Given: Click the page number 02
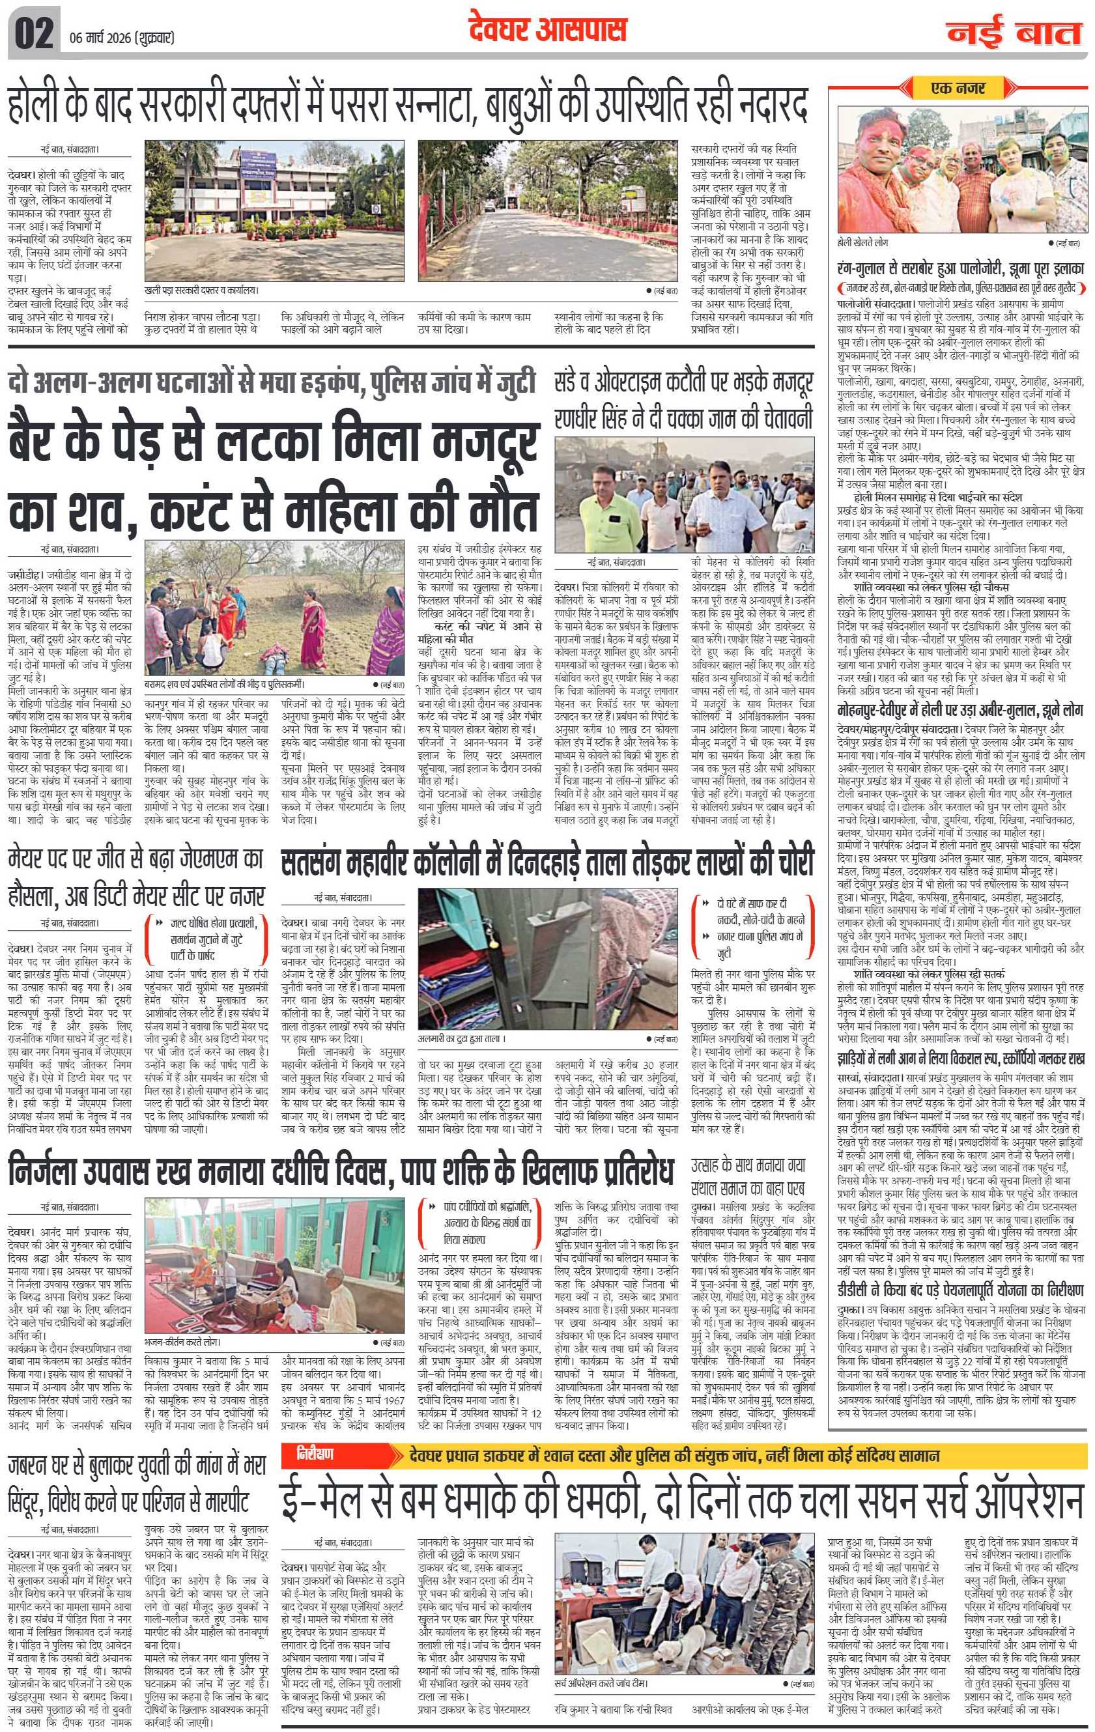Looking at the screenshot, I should (33, 35).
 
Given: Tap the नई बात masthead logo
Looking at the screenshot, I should (1013, 34).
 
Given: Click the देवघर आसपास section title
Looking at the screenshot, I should (547, 30).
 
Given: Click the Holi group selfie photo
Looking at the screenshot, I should (962, 171).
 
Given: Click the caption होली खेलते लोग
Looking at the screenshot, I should (862, 244).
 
